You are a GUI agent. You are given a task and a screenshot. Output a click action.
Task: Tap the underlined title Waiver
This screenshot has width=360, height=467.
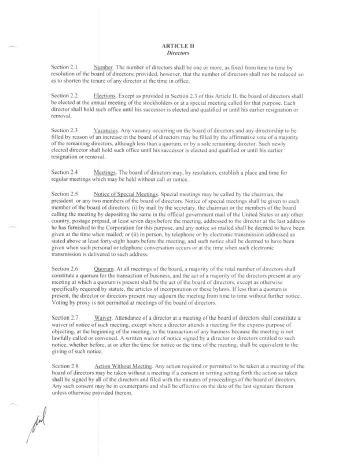(x=103, y=317)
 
